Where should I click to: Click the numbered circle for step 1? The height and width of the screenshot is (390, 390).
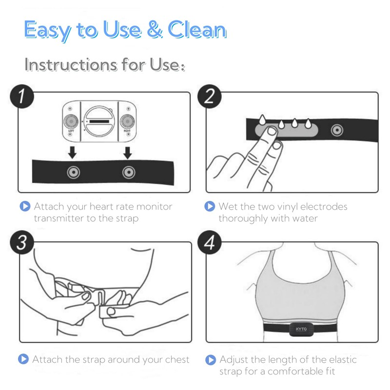(22, 97)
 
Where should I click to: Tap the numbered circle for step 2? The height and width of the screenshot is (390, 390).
(210, 97)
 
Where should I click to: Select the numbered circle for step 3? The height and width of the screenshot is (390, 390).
(22, 242)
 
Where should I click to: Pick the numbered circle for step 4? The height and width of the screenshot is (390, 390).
(210, 242)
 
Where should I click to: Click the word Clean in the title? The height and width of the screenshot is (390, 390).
(197, 30)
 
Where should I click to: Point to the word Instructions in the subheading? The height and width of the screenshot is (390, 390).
(71, 65)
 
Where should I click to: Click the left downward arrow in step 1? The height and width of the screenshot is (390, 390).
(72, 153)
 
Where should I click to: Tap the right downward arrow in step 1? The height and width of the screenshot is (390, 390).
(128, 153)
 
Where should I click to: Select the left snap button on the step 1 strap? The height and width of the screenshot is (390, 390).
(74, 172)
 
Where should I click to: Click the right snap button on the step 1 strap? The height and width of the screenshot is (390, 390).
(129, 172)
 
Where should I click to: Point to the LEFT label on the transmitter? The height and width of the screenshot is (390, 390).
(71, 131)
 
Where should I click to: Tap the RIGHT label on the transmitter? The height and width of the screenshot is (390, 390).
(127, 131)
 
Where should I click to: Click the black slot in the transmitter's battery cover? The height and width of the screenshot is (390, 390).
(99, 121)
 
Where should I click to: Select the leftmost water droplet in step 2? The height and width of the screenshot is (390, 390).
(262, 120)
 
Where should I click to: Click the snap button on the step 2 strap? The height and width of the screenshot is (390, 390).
(337, 130)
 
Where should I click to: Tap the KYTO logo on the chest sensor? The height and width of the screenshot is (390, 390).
(301, 329)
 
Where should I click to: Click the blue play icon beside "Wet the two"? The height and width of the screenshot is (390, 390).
(210, 206)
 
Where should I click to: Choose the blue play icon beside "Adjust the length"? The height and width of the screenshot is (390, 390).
(211, 360)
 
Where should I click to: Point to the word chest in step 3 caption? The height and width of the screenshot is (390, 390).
(177, 359)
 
